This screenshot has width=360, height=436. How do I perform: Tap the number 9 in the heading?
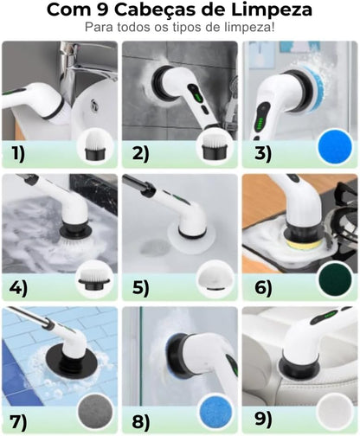click(x=101, y=10)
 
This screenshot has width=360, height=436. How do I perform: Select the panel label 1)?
click(x=18, y=154)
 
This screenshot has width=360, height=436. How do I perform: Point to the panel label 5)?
click(x=141, y=288)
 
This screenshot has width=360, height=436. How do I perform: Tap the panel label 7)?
click(x=18, y=421)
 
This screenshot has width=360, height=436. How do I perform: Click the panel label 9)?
click(x=263, y=419)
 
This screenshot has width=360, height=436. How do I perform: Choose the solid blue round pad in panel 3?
click(x=335, y=147)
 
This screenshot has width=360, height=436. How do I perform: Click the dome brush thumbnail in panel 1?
click(x=95, y=145)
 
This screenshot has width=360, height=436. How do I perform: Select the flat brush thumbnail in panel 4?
click(x=93, y=279)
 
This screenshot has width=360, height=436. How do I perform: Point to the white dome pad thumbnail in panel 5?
click(x=215, y=277)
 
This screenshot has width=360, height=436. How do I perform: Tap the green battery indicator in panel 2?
click(x=197, y=97)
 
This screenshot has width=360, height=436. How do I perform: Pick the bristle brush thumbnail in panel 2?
click(x=214, y=147)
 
